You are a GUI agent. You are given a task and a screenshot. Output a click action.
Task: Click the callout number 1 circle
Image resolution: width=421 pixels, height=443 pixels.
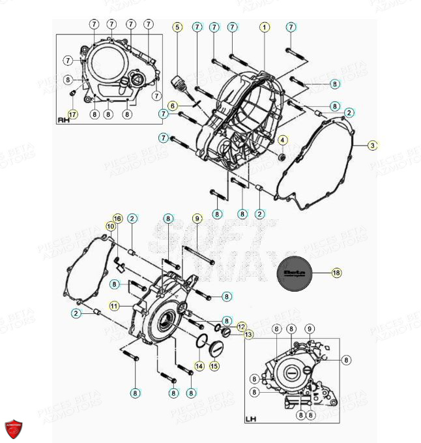click(x=264, y=27)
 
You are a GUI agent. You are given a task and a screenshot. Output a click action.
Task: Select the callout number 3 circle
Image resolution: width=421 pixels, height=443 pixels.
click(x=372, y=145)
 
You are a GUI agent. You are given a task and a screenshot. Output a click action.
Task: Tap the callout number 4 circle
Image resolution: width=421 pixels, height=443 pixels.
click(x=282, y=140)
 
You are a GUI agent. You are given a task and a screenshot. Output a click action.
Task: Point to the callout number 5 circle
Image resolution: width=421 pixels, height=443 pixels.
click(x=177, y=27)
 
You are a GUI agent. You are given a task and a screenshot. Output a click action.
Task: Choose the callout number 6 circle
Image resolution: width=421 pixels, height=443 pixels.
click(x=173, y=106)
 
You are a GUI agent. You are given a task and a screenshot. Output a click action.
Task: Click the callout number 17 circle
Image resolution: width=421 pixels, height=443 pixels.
click(x=72, y=114)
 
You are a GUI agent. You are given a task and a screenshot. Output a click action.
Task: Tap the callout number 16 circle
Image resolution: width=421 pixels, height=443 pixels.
click(x=118, y=218)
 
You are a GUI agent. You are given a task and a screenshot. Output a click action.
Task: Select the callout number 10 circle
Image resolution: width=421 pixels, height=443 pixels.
click(x=111, y=226)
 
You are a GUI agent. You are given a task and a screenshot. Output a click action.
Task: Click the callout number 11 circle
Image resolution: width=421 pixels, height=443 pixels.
click(x=114, y=305)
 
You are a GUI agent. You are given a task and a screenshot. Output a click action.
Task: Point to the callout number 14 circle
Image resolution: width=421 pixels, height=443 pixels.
click(x=199, y=365)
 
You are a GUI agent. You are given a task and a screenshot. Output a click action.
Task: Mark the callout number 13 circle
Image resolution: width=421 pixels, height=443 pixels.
click(x=248, y=335)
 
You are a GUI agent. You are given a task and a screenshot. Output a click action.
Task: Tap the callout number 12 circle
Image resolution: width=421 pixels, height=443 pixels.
click(x=241, y=326)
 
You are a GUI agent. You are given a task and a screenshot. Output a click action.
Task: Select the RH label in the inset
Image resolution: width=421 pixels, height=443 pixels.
click(x=64, y=120)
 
